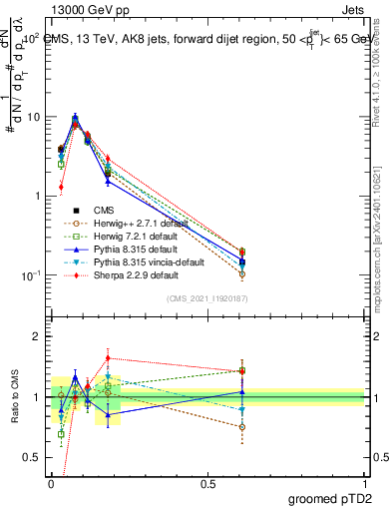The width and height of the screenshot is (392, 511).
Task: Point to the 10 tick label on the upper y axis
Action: (32, 117)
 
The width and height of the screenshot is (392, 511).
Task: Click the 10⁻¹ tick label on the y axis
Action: (30, 275)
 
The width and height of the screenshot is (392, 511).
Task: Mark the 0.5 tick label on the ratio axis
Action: (33, 457)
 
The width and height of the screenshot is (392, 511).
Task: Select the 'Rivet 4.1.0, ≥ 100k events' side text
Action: (383, 80)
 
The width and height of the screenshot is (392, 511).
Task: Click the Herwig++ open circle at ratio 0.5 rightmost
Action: (242, 426)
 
